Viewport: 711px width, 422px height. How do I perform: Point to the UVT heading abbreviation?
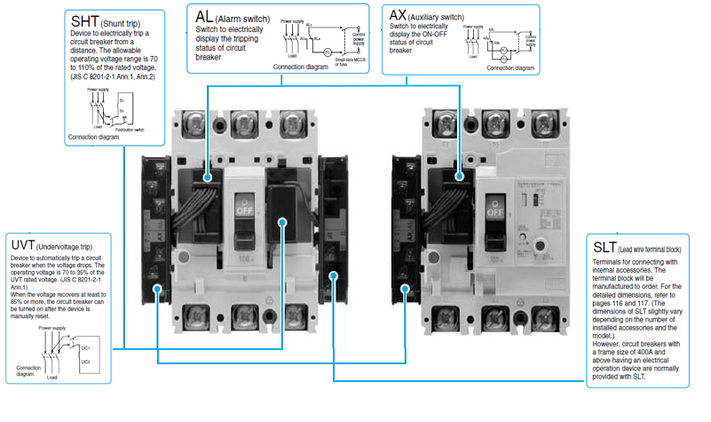24,244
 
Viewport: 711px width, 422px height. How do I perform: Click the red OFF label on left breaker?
243,211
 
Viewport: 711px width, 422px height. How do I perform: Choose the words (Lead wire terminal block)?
655,248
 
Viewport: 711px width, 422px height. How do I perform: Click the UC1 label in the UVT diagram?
85,346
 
